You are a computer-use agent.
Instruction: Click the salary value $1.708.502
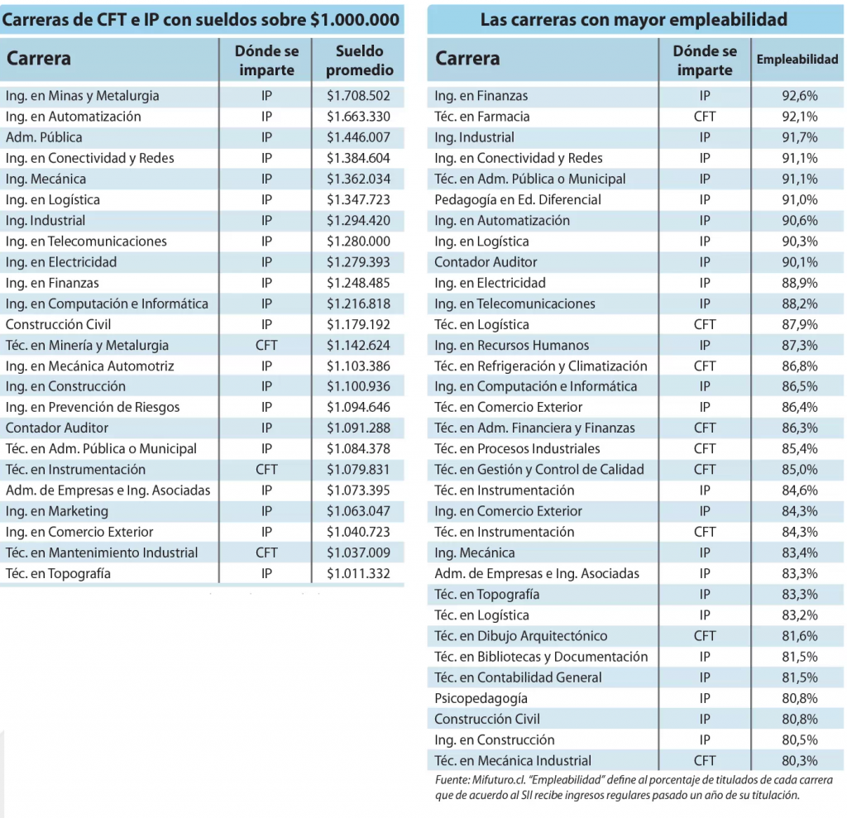pyautogui.click(x=358, y=96)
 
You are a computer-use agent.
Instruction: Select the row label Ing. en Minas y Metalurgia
pyautogui.click(x=82, y=96)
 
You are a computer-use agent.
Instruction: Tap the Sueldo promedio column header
pyautogui.click(x=359, y=60)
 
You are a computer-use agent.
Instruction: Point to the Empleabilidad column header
pyautogui.click(x=797, y=60)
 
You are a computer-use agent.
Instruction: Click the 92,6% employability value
pyautogui.click(x=799, y=96)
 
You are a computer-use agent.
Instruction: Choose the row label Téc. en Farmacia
pyautogui.click(x=481, y=117)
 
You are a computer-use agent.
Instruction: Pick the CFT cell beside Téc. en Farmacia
pyautogui.click(x=705, y=117)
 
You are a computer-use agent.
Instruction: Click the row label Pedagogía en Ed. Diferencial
pyautogui.click(x=518, y=199)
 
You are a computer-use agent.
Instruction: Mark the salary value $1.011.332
pyautogui.click(x=358, y=573)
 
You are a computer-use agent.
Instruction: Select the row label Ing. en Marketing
pyautogui.click(x=57, y=511)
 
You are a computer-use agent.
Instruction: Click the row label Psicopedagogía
pyautogui.click(x=481, y=698)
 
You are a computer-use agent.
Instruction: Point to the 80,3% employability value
pyautogui.click(x=799, y=761)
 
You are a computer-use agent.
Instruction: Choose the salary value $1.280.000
pyautogui.click(x=358, y=242)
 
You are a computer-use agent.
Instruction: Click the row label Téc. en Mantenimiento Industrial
pyautogui.click(x=102, y=553)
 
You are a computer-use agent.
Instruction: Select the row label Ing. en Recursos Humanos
pyautogui.click(x=512, y=345)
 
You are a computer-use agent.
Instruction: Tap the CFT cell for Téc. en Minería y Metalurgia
pyautogui.click(x=266, y=345)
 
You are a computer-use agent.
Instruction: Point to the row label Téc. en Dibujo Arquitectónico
pyautogui.click(x=521, y=636)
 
